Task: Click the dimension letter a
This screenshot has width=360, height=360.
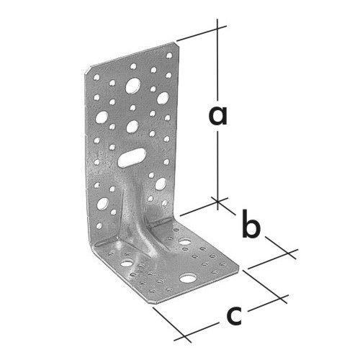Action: click(217, 116)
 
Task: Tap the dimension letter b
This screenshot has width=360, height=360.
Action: click(251, 224)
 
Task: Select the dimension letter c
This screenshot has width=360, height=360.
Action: click(234, 315)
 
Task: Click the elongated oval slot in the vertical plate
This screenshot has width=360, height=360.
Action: click(132, 158)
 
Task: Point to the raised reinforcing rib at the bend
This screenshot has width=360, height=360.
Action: click(135, 216)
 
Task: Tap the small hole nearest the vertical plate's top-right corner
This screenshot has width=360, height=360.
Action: click(169, 55)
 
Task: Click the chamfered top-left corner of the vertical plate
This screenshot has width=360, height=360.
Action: click(88, 71)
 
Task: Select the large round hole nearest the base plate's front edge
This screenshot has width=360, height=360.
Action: click(188, 278)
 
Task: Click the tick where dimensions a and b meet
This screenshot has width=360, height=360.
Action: click(217, 201)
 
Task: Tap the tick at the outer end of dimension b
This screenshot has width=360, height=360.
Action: click(289, 253)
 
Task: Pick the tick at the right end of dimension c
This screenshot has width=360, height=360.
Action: click(280, 298)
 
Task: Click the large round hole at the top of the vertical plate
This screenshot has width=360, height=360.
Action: click(133, 86)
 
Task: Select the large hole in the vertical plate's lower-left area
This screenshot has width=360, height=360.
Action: click(103, 204)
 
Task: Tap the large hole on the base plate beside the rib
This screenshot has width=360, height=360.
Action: click(185, 241)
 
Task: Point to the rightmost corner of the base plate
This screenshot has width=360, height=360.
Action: click(239, 266)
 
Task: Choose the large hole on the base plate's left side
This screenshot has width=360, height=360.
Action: click(127, 264)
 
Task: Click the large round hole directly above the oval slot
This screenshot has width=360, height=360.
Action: click(132, 127)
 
